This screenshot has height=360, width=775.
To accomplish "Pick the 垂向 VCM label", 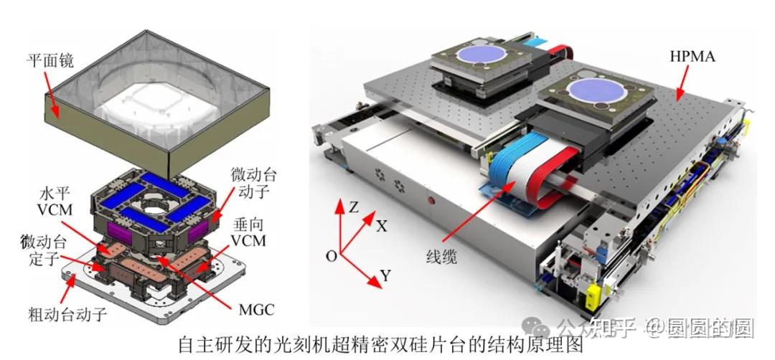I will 247,232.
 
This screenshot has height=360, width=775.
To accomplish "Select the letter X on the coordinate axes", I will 382,227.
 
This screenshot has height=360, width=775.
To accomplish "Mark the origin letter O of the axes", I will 330,256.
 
